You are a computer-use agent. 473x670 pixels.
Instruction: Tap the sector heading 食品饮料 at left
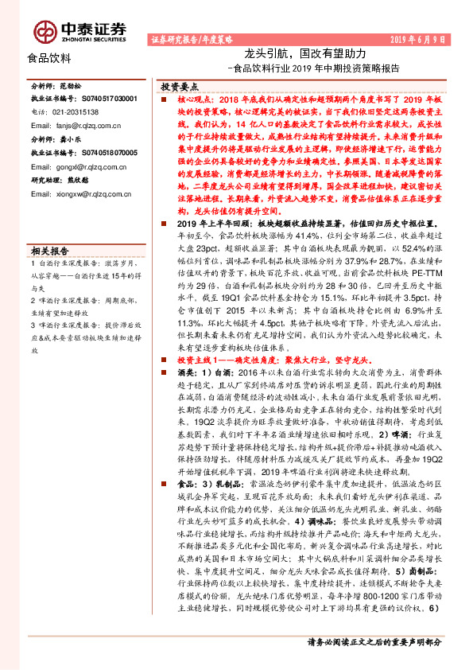tap(49, 58)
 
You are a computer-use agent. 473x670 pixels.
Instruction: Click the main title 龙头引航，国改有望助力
tap(304, 53)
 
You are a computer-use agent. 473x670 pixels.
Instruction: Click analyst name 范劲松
tap(72, 85)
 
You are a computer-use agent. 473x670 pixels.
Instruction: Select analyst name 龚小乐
tap(72, 138)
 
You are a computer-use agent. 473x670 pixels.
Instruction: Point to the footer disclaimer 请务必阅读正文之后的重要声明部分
tap(374, 641)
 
